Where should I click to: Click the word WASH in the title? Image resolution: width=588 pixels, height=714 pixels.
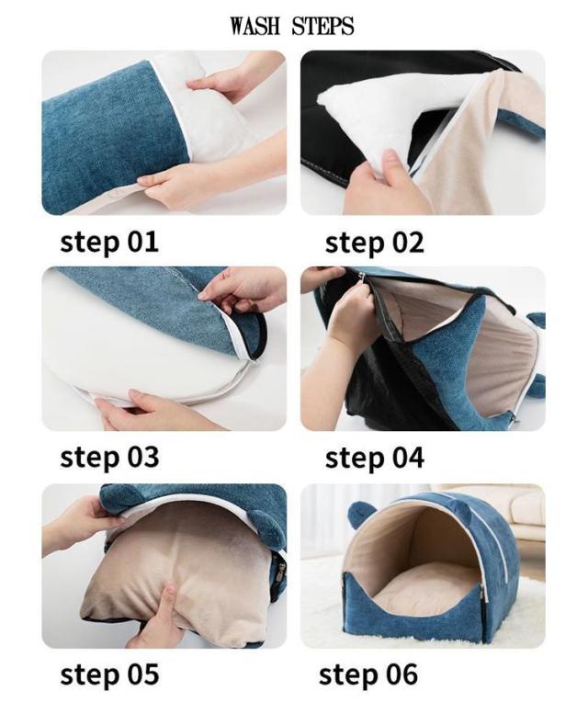254,26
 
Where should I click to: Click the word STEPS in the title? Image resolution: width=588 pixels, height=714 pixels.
322,26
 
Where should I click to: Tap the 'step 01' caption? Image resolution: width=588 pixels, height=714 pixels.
109,243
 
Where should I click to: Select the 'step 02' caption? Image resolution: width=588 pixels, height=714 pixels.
374,244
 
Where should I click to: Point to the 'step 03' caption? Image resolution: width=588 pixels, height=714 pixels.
109,458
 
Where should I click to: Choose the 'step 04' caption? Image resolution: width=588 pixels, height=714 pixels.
375,459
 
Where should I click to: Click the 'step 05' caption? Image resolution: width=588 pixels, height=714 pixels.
109,674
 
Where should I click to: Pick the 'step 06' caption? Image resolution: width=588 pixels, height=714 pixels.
368,674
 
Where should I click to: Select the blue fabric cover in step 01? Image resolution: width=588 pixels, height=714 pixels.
114,137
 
